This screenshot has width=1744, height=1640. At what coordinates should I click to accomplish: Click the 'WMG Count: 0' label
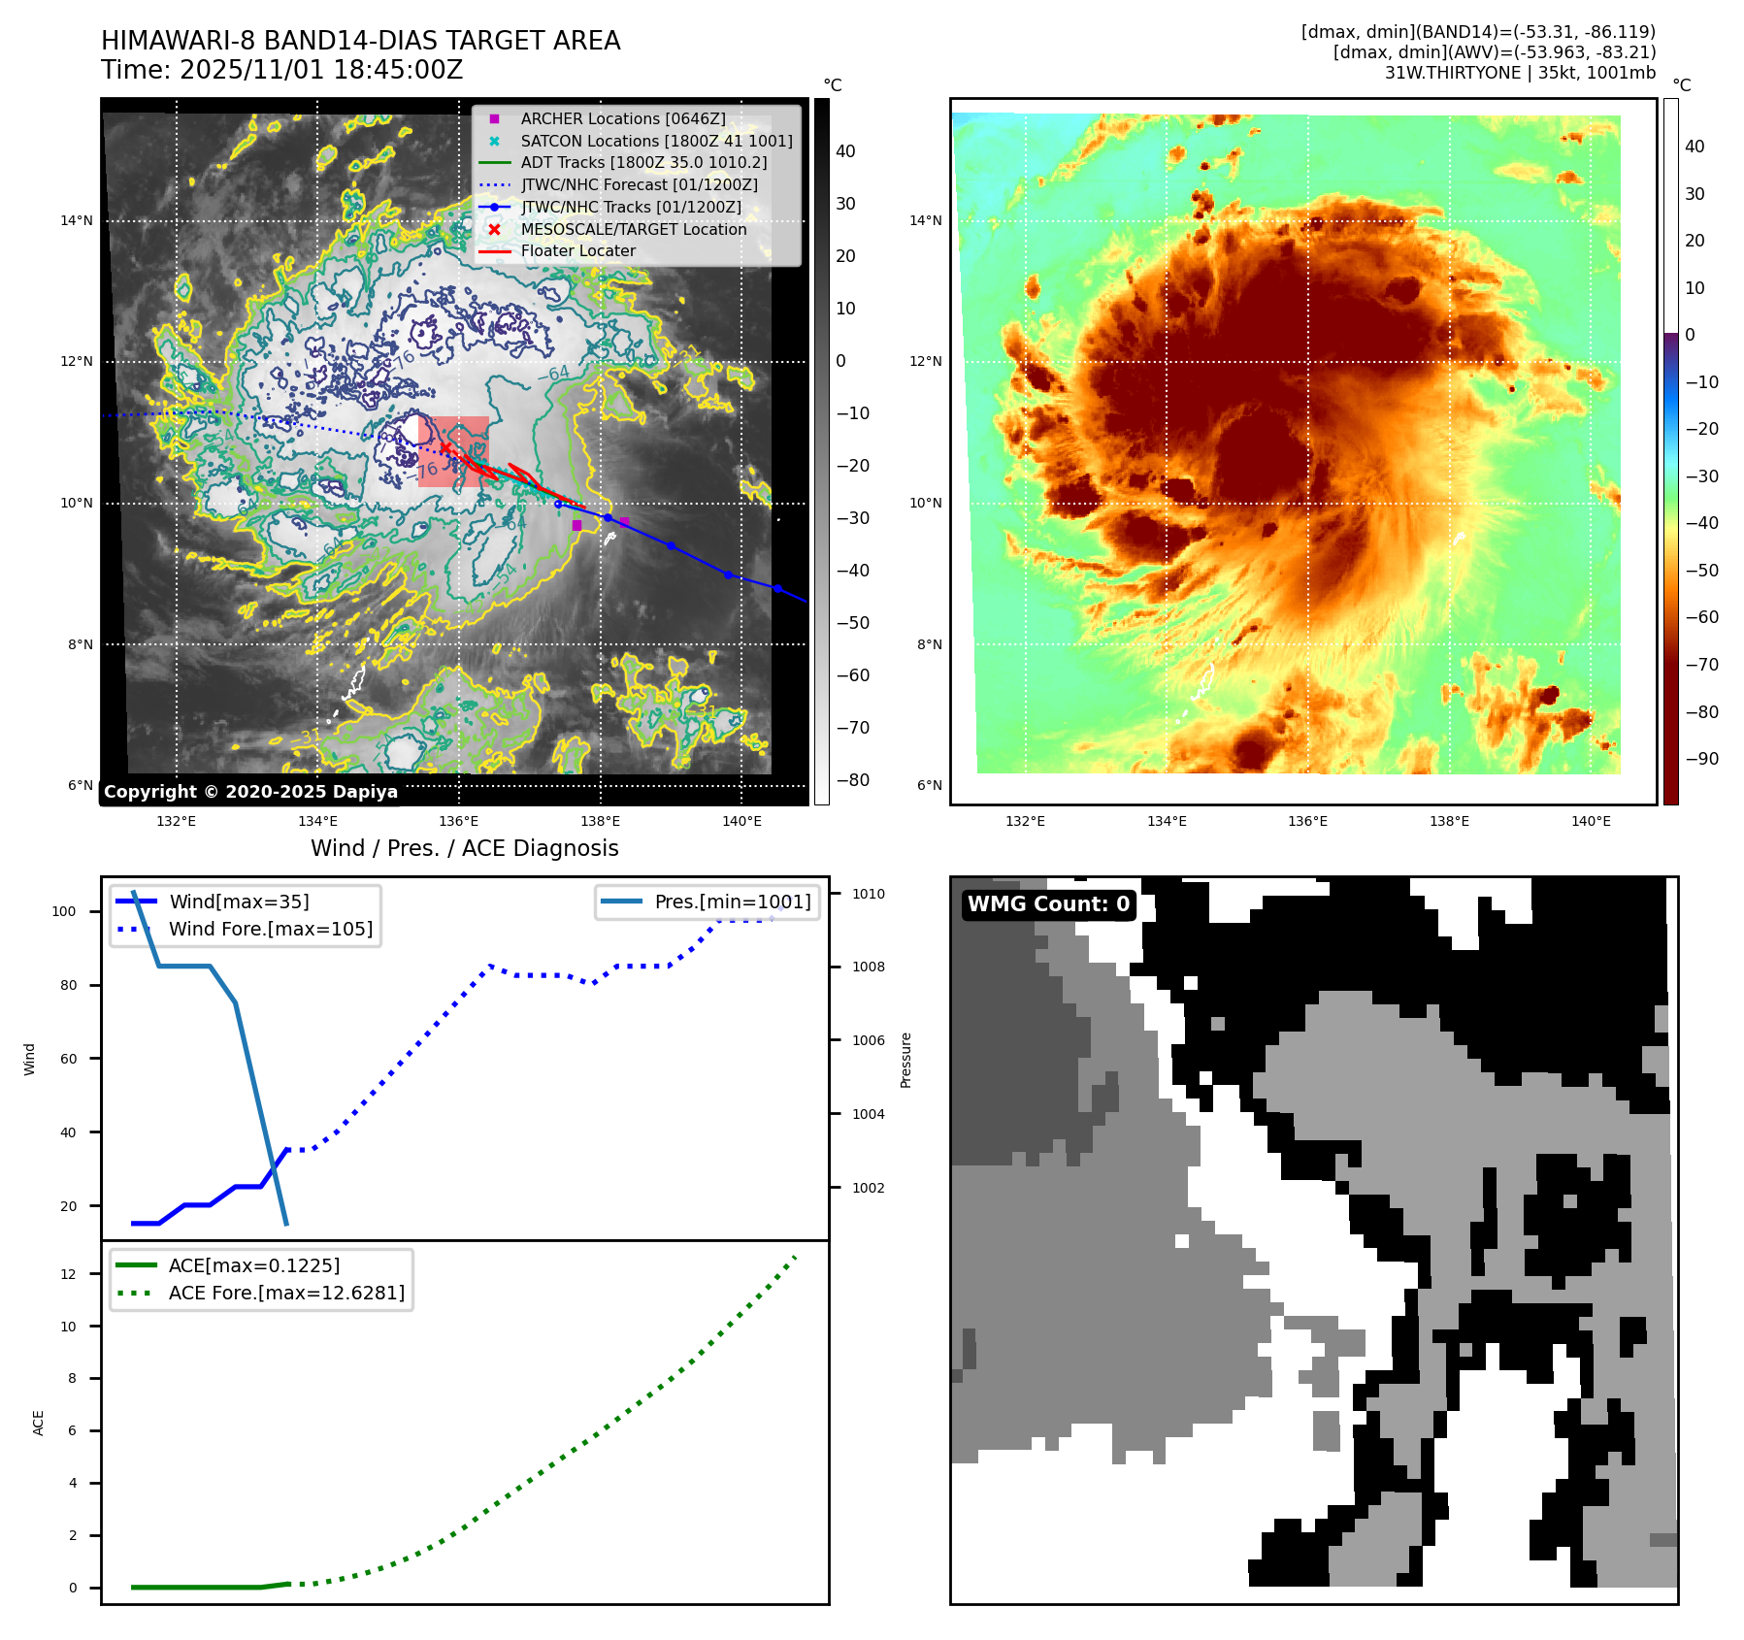point(1048,904)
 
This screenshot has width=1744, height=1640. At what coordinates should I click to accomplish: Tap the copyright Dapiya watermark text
point(250,792)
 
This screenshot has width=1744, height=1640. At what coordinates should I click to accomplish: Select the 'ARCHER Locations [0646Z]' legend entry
point(622,118)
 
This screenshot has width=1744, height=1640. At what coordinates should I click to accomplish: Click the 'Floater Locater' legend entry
point(577,250)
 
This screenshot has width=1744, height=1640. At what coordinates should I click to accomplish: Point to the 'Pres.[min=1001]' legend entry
point(732,902)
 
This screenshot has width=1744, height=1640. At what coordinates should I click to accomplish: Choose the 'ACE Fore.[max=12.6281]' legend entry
point(286,1293)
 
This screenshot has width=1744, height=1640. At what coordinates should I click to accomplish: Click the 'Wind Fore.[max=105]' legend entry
point(270,929)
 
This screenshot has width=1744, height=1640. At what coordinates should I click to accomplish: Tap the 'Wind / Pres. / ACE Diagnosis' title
point(464,848)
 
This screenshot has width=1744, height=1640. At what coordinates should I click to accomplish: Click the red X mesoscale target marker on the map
point(445,447)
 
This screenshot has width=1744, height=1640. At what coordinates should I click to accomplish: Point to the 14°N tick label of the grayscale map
point(77,220)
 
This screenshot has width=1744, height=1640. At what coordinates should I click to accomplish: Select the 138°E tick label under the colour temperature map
point(1449,821)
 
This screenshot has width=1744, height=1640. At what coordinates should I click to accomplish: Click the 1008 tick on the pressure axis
point(869,967)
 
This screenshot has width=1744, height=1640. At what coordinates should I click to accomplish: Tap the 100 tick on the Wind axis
point(64,911)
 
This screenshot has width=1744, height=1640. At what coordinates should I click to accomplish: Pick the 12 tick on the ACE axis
point(68,1274)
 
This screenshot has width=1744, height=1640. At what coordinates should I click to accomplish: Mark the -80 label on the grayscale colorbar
point(853,780)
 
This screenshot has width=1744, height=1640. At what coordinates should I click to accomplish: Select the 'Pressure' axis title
point(905,1060)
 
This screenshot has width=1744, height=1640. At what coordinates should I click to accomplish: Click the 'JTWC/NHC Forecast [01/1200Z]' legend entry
point(639,184)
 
